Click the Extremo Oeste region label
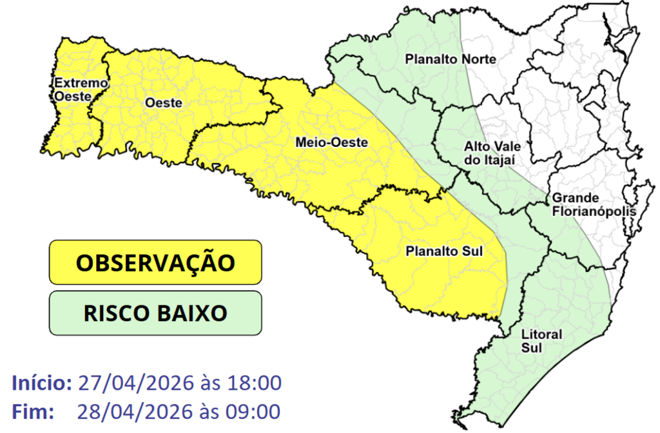72,89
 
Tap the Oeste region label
164,103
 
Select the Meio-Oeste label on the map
331,142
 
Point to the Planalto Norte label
451,59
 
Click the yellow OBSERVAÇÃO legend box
155,262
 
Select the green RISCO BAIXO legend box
155,313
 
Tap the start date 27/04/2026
135,383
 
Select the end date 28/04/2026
135,410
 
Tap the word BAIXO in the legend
191,313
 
